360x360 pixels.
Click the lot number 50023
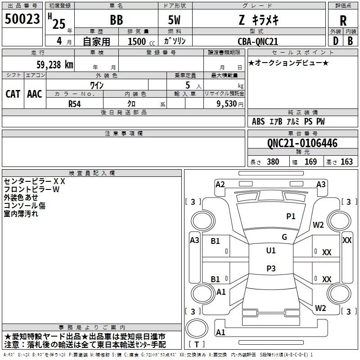click(x=22, y=18)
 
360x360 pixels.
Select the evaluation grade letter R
click(x=343, y=21)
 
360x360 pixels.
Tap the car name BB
click(x=117, y=20)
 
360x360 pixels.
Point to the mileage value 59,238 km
click(x=55, y=64)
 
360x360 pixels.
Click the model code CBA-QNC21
click(x=258, y=41)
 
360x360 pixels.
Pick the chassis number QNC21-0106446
click(x=302, y=143)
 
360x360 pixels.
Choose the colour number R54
click(x=75, y=104)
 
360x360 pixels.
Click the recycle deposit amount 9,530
click(x=226, y=103)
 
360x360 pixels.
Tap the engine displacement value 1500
click(x=137, y=41)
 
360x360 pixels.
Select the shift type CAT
click(x=13, y=94)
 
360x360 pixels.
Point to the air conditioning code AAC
click(x=35, y=94)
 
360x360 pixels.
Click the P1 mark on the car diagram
click(x=291, y=216)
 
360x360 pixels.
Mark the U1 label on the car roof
click(x=271, y=250)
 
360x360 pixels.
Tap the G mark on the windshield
click(x=284, y=237)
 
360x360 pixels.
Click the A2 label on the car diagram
click(x=220, y=184)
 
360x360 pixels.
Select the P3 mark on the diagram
click(x=271, y=268)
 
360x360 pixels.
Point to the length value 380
click(x=273, y=162)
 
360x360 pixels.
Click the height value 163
click(x=346, y=162)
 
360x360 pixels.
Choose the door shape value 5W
click(x=174, y=20)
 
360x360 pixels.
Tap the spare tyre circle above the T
click(x=197, y=328)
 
